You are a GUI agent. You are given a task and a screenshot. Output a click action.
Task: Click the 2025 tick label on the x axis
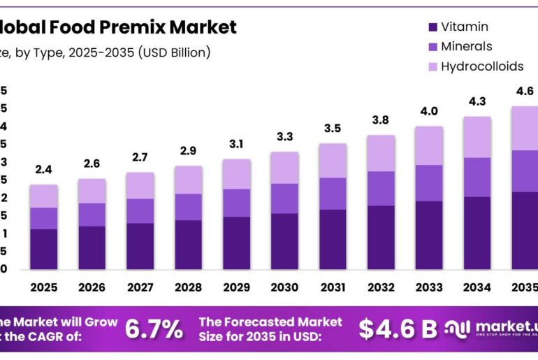coord(43,287)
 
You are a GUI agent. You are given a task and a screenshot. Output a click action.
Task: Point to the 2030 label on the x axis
coord(284,287)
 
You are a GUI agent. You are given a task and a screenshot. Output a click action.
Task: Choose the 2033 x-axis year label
coord(429,287)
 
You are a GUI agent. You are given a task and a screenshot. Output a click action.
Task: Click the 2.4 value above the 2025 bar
coord(43,170)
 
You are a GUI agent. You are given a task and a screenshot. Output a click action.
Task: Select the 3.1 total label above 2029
coord(236,144)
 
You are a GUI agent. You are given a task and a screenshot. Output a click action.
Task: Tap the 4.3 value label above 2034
coord(477,101)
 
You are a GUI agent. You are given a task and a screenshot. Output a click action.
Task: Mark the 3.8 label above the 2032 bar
coord(381,120)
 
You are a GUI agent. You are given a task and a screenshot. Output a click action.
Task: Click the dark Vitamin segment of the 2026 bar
coord(92,247)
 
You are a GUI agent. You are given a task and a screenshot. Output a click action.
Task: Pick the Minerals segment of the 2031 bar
coord(333,193)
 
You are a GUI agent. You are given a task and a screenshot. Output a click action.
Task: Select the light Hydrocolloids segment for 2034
coord(477,136)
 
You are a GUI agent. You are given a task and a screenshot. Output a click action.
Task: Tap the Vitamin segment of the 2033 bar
coord(429,235)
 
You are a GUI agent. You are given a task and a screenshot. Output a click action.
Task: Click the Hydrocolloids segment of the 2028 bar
coord(188,180)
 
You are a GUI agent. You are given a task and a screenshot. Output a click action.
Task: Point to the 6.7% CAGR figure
coord(154,329)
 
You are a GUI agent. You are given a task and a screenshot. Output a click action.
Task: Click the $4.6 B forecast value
coord(398,329)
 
